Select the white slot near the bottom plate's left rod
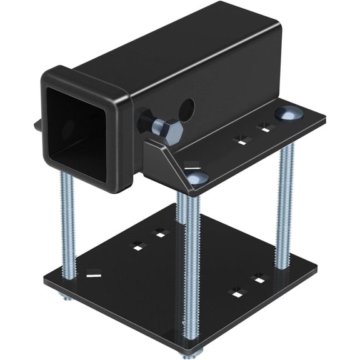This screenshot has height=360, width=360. tap(93, 272)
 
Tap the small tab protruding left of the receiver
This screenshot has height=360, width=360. tap(35, 126)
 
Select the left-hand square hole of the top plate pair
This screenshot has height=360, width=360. tap(239, 139)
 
